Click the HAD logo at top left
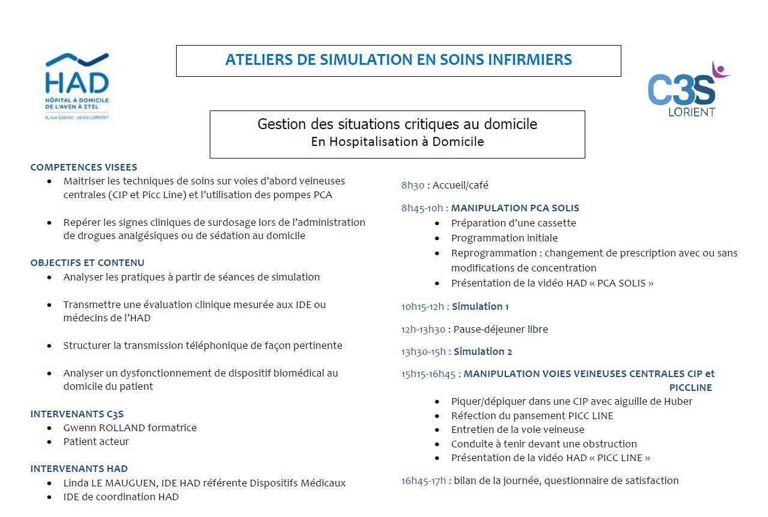click(77, 86)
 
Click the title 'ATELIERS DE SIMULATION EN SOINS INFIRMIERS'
click(398, 60)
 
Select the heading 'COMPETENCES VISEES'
click(84, 168)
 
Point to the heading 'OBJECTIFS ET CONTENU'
click(87, 262)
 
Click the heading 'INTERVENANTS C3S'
click(77, 414)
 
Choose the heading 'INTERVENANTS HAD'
click(79, 468)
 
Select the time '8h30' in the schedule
click(413, 186)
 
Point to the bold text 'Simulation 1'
click(480, 306)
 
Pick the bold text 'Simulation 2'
click(483, 351)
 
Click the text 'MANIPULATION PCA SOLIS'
click(515, 208)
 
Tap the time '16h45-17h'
click(424, 480)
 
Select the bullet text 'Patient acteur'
click(96, 441)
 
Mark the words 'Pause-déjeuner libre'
click(501, 329)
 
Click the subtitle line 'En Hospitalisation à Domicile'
click(397, 142)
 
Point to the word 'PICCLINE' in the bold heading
click(690, 388)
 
